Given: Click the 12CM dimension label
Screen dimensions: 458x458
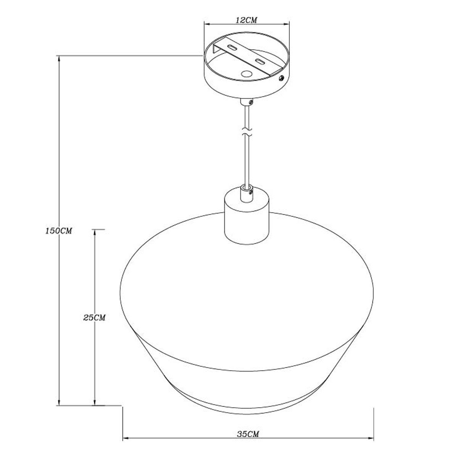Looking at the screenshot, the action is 246,20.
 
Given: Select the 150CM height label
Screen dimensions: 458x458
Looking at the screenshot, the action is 58,231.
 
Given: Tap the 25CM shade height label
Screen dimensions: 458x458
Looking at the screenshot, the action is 94,318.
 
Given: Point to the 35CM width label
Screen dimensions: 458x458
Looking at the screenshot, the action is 248,421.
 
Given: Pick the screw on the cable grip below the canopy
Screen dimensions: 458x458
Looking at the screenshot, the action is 250,102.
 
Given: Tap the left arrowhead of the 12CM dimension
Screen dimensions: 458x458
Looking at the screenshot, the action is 208,24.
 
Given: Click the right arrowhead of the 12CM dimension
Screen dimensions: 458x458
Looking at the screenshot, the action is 286,24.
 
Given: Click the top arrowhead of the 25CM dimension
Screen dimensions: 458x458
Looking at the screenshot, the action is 95,232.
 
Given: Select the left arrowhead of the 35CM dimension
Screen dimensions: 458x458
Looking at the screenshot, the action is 126,424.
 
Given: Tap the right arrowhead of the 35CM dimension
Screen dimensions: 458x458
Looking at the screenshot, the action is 371,424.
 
